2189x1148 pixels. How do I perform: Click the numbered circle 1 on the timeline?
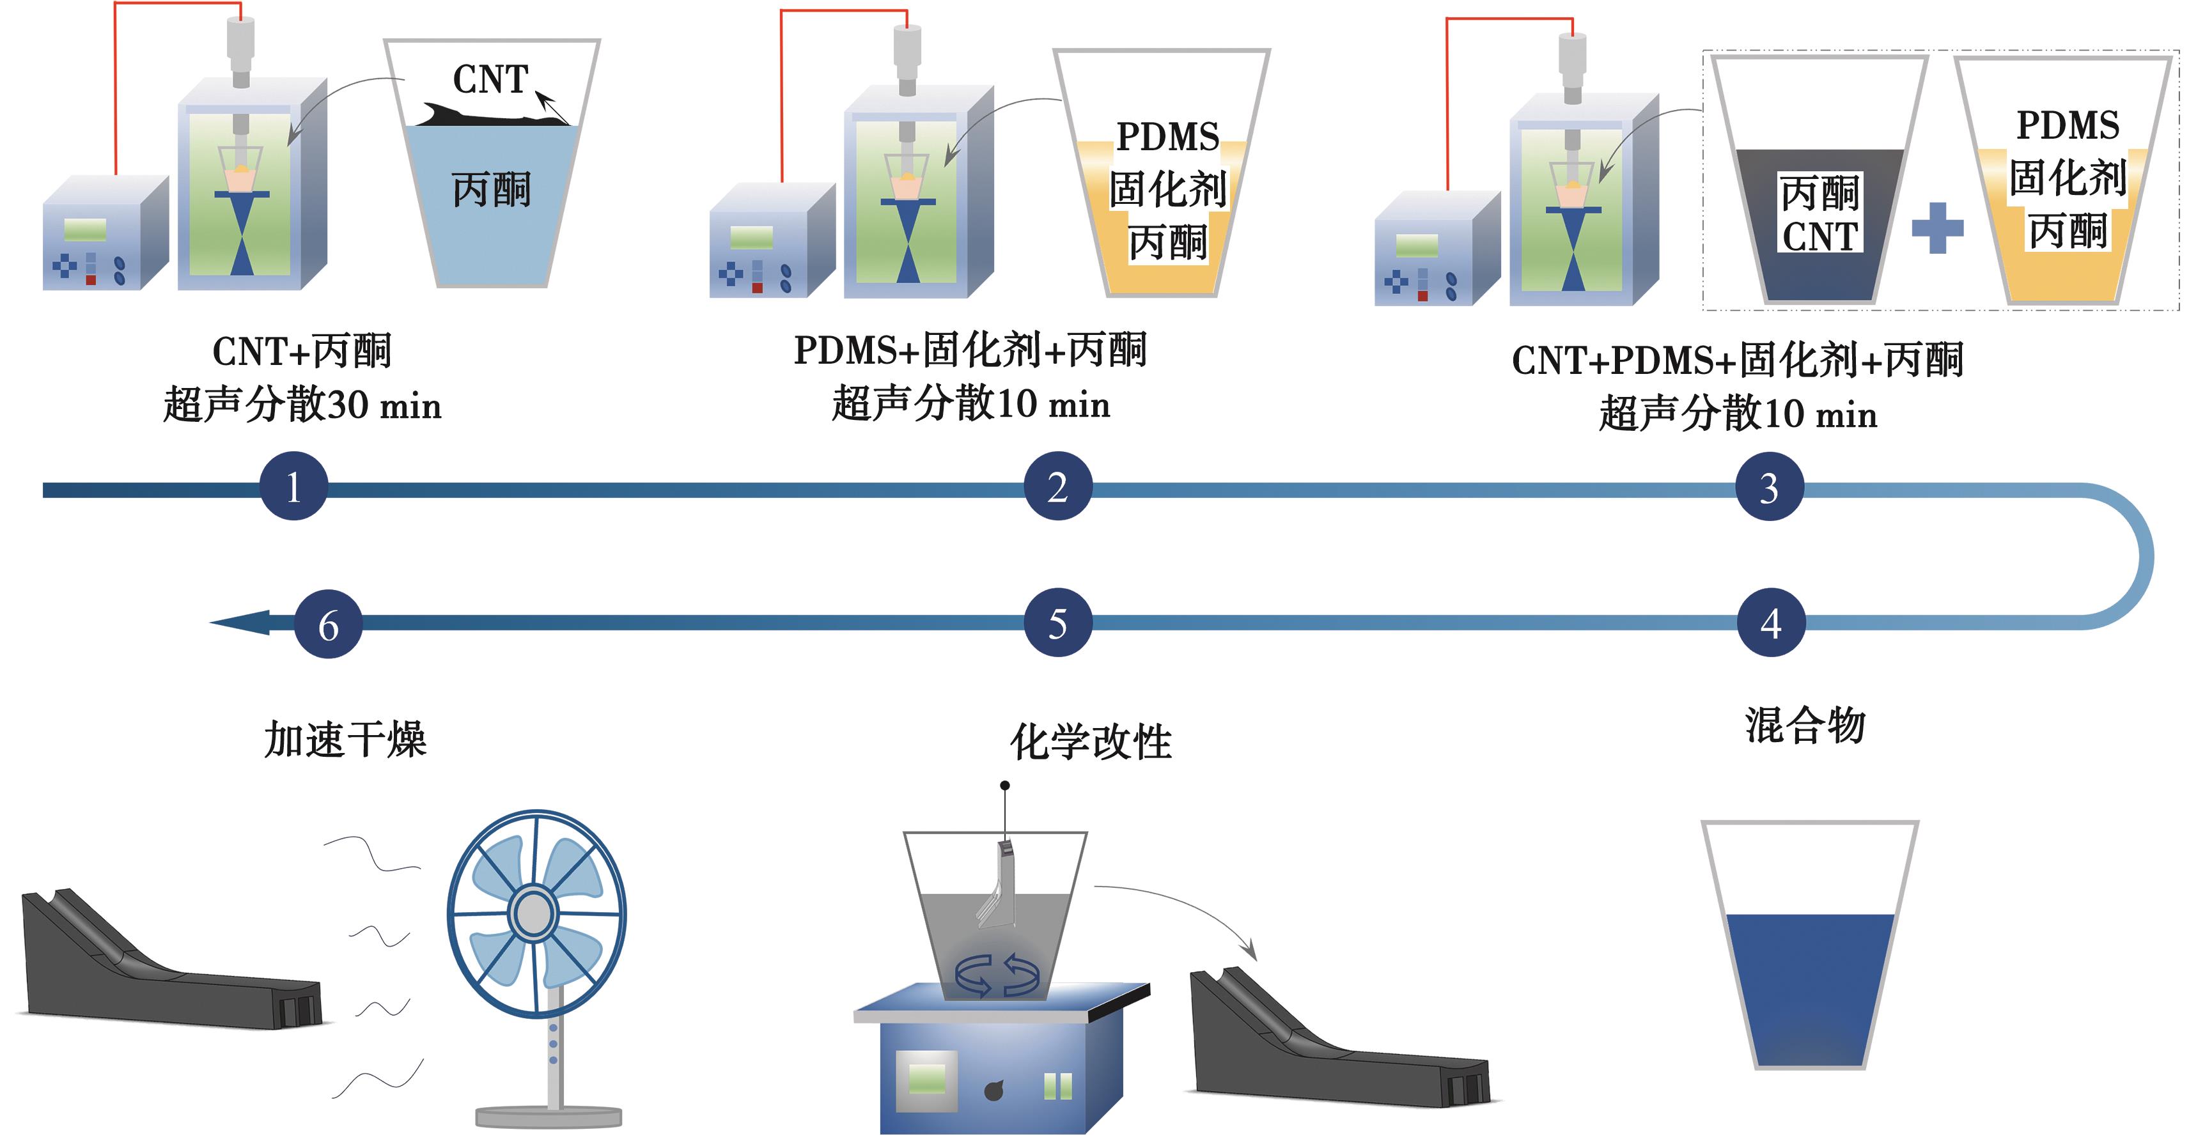click(293, 487)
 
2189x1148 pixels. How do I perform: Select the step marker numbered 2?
click(1058, 487)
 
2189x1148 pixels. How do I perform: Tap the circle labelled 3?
click(1769, 488)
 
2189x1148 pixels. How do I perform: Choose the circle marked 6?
click(328, 624)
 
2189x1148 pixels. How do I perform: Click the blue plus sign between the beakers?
click(1938, 228)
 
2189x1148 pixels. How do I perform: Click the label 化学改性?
click(1091, 741)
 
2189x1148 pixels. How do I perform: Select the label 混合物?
click(1805, 727)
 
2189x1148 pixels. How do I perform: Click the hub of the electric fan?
click(534, 914)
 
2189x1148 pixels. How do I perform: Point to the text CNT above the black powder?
click(490, 80)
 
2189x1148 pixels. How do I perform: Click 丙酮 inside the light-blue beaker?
click(491, 189)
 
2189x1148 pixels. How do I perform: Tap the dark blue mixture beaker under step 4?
click(1810, 986)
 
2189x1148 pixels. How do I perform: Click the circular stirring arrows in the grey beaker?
click(997, 975)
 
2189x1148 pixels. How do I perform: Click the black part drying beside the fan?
click(170, 968)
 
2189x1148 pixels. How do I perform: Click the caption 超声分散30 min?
click(302, 405)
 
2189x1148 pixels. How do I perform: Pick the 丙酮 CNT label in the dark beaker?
click(1820, 215)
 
